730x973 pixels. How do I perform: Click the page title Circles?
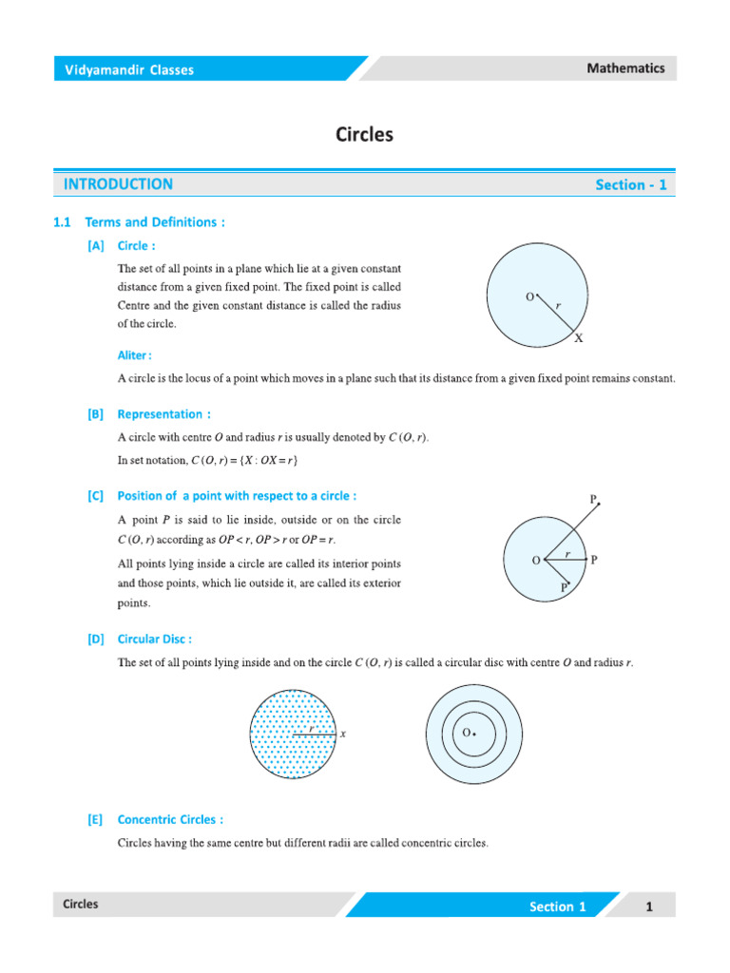364,135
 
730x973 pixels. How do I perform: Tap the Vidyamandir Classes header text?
128,69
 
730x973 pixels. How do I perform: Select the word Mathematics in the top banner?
625,68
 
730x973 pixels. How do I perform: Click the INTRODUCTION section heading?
118,184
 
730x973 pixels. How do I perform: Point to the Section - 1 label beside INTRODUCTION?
631,185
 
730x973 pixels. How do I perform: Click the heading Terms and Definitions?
154,222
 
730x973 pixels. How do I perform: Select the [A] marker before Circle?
95,246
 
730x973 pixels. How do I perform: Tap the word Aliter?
134,355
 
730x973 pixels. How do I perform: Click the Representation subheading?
163,414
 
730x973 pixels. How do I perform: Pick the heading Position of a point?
237,496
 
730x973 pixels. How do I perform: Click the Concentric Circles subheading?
170,819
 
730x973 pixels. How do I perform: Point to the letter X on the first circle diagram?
579,337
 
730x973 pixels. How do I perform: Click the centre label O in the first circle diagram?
529,297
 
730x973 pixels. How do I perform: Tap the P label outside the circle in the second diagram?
593,499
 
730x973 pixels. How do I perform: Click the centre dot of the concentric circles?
474,735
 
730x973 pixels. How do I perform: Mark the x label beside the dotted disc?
342,734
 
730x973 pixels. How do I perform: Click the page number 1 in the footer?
649,906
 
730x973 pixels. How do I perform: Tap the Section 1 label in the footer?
557,906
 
